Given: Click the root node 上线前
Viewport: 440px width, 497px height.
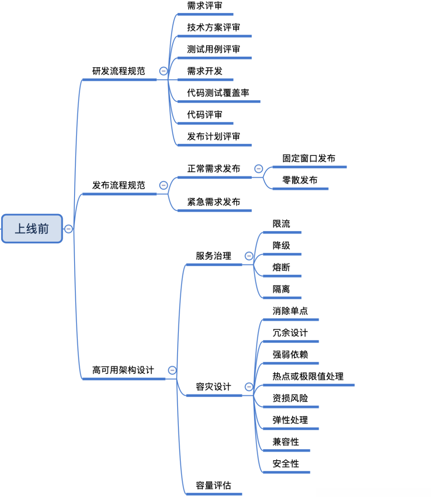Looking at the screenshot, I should point(32,229).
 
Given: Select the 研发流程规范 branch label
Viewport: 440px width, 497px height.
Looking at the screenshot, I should point(119,71).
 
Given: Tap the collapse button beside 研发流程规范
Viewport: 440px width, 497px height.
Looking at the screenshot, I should point(163,71).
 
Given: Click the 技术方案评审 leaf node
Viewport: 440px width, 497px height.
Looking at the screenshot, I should point(213,28).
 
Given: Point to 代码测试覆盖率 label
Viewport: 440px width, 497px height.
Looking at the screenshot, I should point(218,93).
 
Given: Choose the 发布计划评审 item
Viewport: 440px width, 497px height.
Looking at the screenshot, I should point(213,137).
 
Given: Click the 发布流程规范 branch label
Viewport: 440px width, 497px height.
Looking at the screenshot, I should point(119,186).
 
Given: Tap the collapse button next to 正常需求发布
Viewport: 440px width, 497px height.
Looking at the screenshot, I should point(258,169).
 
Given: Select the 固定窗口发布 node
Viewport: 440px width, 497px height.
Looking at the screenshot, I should point(309,159).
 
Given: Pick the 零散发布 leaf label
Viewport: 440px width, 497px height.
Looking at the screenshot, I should point(300,180).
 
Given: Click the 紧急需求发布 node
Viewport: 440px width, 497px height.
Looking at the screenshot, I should point(213,202).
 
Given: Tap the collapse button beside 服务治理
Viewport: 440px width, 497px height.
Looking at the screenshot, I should point(249,256).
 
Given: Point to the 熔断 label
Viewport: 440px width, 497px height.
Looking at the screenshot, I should point(281,267).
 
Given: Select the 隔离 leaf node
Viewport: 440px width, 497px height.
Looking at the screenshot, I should point(281,289).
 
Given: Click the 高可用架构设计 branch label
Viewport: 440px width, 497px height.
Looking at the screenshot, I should point(123,370).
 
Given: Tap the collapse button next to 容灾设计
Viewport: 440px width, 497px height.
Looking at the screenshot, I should point(249,387).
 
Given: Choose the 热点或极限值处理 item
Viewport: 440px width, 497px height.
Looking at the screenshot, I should point(308,376).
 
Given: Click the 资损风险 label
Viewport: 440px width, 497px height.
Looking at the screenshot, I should point(290,398).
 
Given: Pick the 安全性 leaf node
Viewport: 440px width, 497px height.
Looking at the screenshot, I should point(286,464).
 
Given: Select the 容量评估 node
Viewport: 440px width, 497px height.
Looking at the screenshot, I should point(213,486).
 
